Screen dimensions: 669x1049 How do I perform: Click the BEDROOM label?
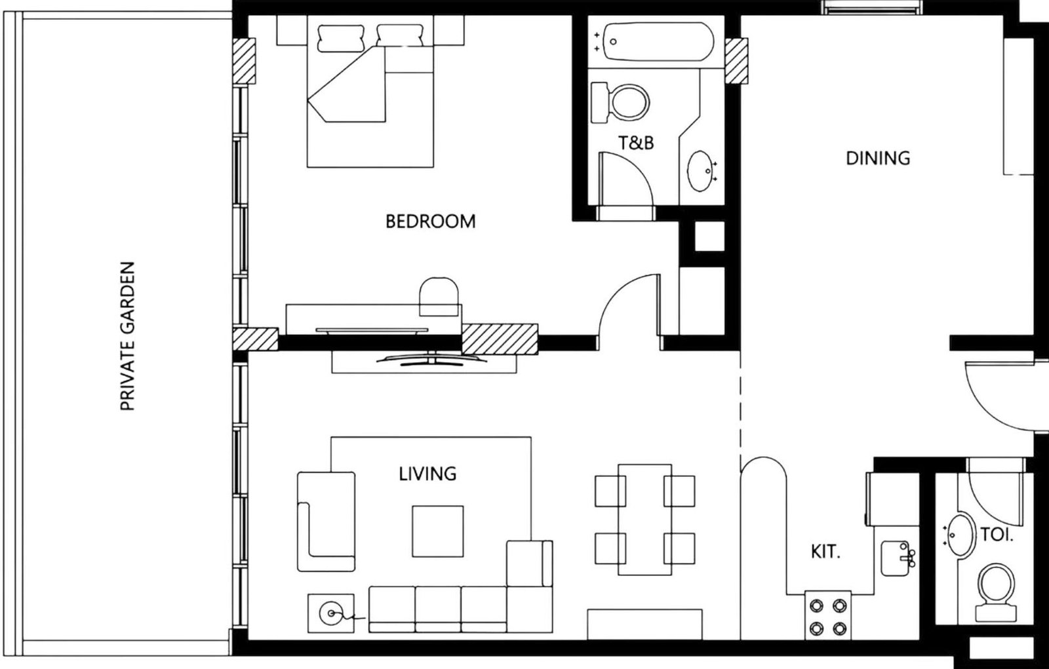coord(430,221)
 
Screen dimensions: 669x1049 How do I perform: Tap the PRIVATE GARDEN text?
coord(128,336)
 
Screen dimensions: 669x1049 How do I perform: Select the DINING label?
coord(878,158)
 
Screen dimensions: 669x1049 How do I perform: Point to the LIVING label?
coord(427,473)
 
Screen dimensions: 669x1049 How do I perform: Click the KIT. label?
coord(825,552)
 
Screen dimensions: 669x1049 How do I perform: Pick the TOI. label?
coord(997,535)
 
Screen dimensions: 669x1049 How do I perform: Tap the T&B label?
coord(636,142)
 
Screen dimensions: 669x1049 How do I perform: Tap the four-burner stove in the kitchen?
coord(828,616)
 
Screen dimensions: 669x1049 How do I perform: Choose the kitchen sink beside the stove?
coord(896,558)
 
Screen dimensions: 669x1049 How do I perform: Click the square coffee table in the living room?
coord(437,531)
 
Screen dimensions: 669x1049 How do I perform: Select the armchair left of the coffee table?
coord(326,521)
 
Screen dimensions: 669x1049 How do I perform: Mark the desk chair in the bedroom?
coord(439,294)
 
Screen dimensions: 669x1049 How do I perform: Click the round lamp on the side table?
coord(330,613)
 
